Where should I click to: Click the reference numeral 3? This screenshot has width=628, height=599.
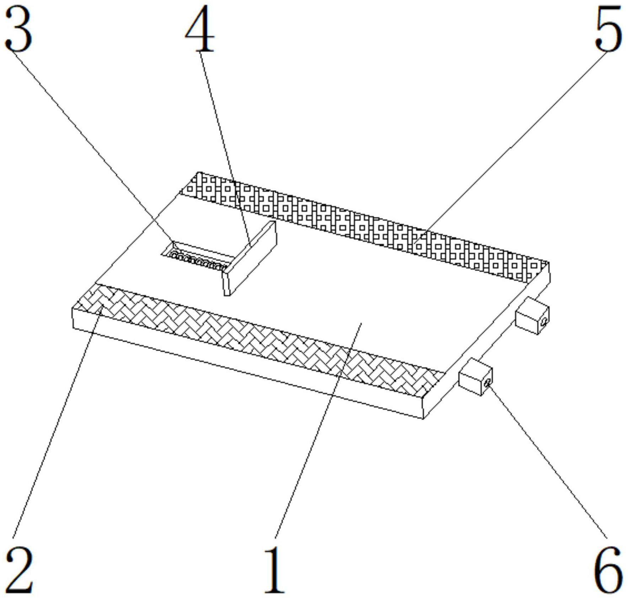(18, 30)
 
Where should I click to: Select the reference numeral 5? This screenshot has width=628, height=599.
(608, 30)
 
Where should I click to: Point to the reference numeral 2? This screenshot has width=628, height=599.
(20, 569)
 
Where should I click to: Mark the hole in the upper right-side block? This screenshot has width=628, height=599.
(544, 321)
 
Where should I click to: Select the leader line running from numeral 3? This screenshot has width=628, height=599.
(89, 142)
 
